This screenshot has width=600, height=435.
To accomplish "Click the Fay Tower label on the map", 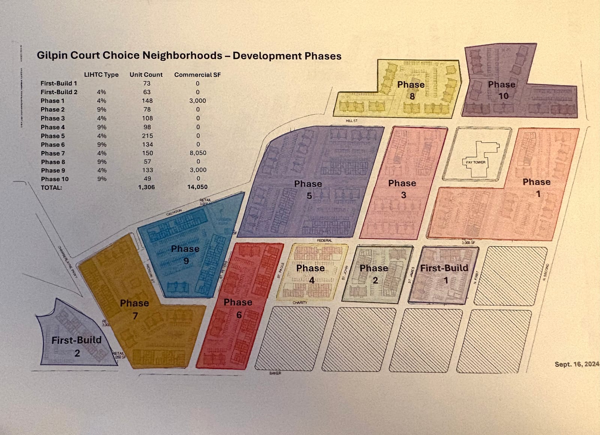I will point(475,162).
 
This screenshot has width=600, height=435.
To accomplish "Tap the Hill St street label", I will point(352,121).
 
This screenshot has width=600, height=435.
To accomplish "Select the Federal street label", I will point(324,240).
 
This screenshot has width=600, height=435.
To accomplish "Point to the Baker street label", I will point(275,373).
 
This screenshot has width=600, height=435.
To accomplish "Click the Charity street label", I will point(300,302).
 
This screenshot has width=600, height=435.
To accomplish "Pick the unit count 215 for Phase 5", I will point(147,136).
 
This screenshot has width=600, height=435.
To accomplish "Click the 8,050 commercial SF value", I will point(198,153).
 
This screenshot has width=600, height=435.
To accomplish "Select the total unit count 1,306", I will point(146,187).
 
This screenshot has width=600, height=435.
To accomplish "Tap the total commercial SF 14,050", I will point(197,187).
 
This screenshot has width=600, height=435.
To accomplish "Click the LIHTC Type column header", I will point(101,75).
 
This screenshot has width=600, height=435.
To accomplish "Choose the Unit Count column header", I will point(146,75).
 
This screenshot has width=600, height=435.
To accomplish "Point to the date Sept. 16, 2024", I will point(577,364).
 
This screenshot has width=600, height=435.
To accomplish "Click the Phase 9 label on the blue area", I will point(185,255).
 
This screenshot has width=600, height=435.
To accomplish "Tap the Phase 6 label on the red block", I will point(238,308).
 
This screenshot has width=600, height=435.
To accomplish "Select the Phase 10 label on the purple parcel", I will point(502,90).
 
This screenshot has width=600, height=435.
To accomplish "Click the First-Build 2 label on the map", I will point(76,346).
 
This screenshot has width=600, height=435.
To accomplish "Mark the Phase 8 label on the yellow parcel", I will point(411,90).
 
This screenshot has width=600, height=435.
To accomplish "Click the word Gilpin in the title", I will point(52,55).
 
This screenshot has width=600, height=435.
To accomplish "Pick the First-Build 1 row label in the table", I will point(59,83).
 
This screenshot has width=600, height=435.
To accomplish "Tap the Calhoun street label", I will point(174,212).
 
